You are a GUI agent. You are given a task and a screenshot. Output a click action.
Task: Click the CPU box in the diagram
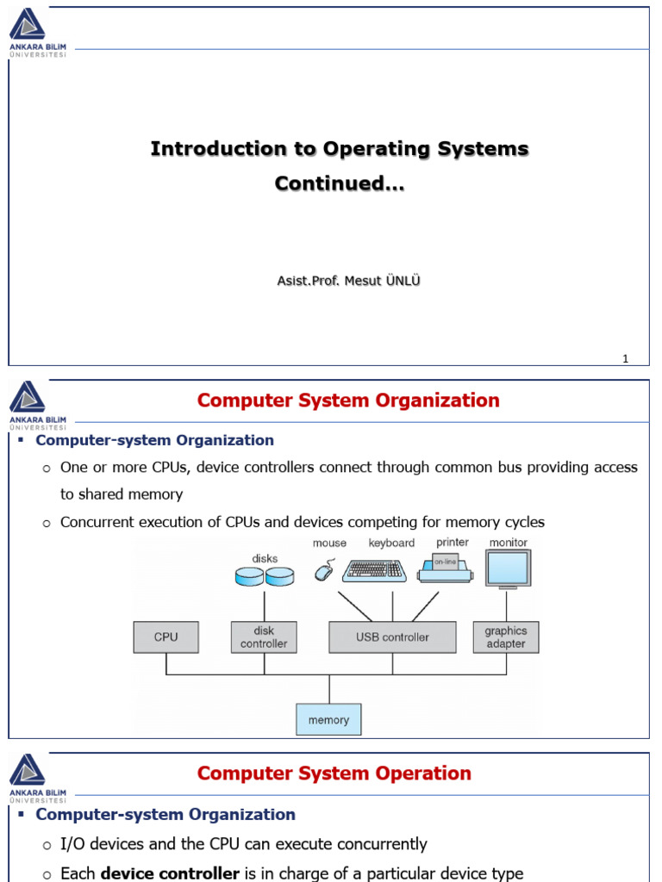[166, 637]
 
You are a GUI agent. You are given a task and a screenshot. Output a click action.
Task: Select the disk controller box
[264, 637]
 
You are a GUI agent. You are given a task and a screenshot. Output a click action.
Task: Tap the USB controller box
[392, 637]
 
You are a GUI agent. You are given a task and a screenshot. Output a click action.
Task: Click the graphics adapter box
[505, 637]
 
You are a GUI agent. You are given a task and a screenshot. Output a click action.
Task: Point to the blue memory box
[328, 719]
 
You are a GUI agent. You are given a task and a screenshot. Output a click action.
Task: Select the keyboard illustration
[375, 570]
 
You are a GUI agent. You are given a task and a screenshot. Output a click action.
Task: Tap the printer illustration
[446, 568]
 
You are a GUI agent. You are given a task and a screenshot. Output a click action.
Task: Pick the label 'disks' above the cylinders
[265, 558]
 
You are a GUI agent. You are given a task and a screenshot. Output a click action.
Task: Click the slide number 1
[626, 359]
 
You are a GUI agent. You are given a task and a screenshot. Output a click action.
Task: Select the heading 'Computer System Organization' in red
[348, 401]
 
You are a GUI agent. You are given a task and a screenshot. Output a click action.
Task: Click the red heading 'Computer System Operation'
[334, 773]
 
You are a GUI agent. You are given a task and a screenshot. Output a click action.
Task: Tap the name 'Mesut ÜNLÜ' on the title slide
[382, 281]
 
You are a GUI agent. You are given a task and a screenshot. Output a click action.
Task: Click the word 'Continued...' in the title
[339, 183]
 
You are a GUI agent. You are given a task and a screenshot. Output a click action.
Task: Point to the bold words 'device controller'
[170, 873]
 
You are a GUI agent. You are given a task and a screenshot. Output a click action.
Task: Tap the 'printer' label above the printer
[453, 543]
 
